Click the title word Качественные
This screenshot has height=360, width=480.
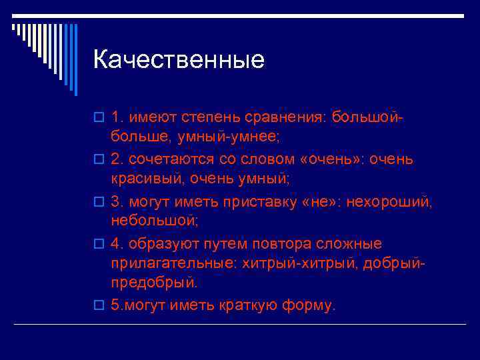(179, 61)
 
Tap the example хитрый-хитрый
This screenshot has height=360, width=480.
(295, 263)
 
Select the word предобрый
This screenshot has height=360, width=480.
(154, 283)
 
